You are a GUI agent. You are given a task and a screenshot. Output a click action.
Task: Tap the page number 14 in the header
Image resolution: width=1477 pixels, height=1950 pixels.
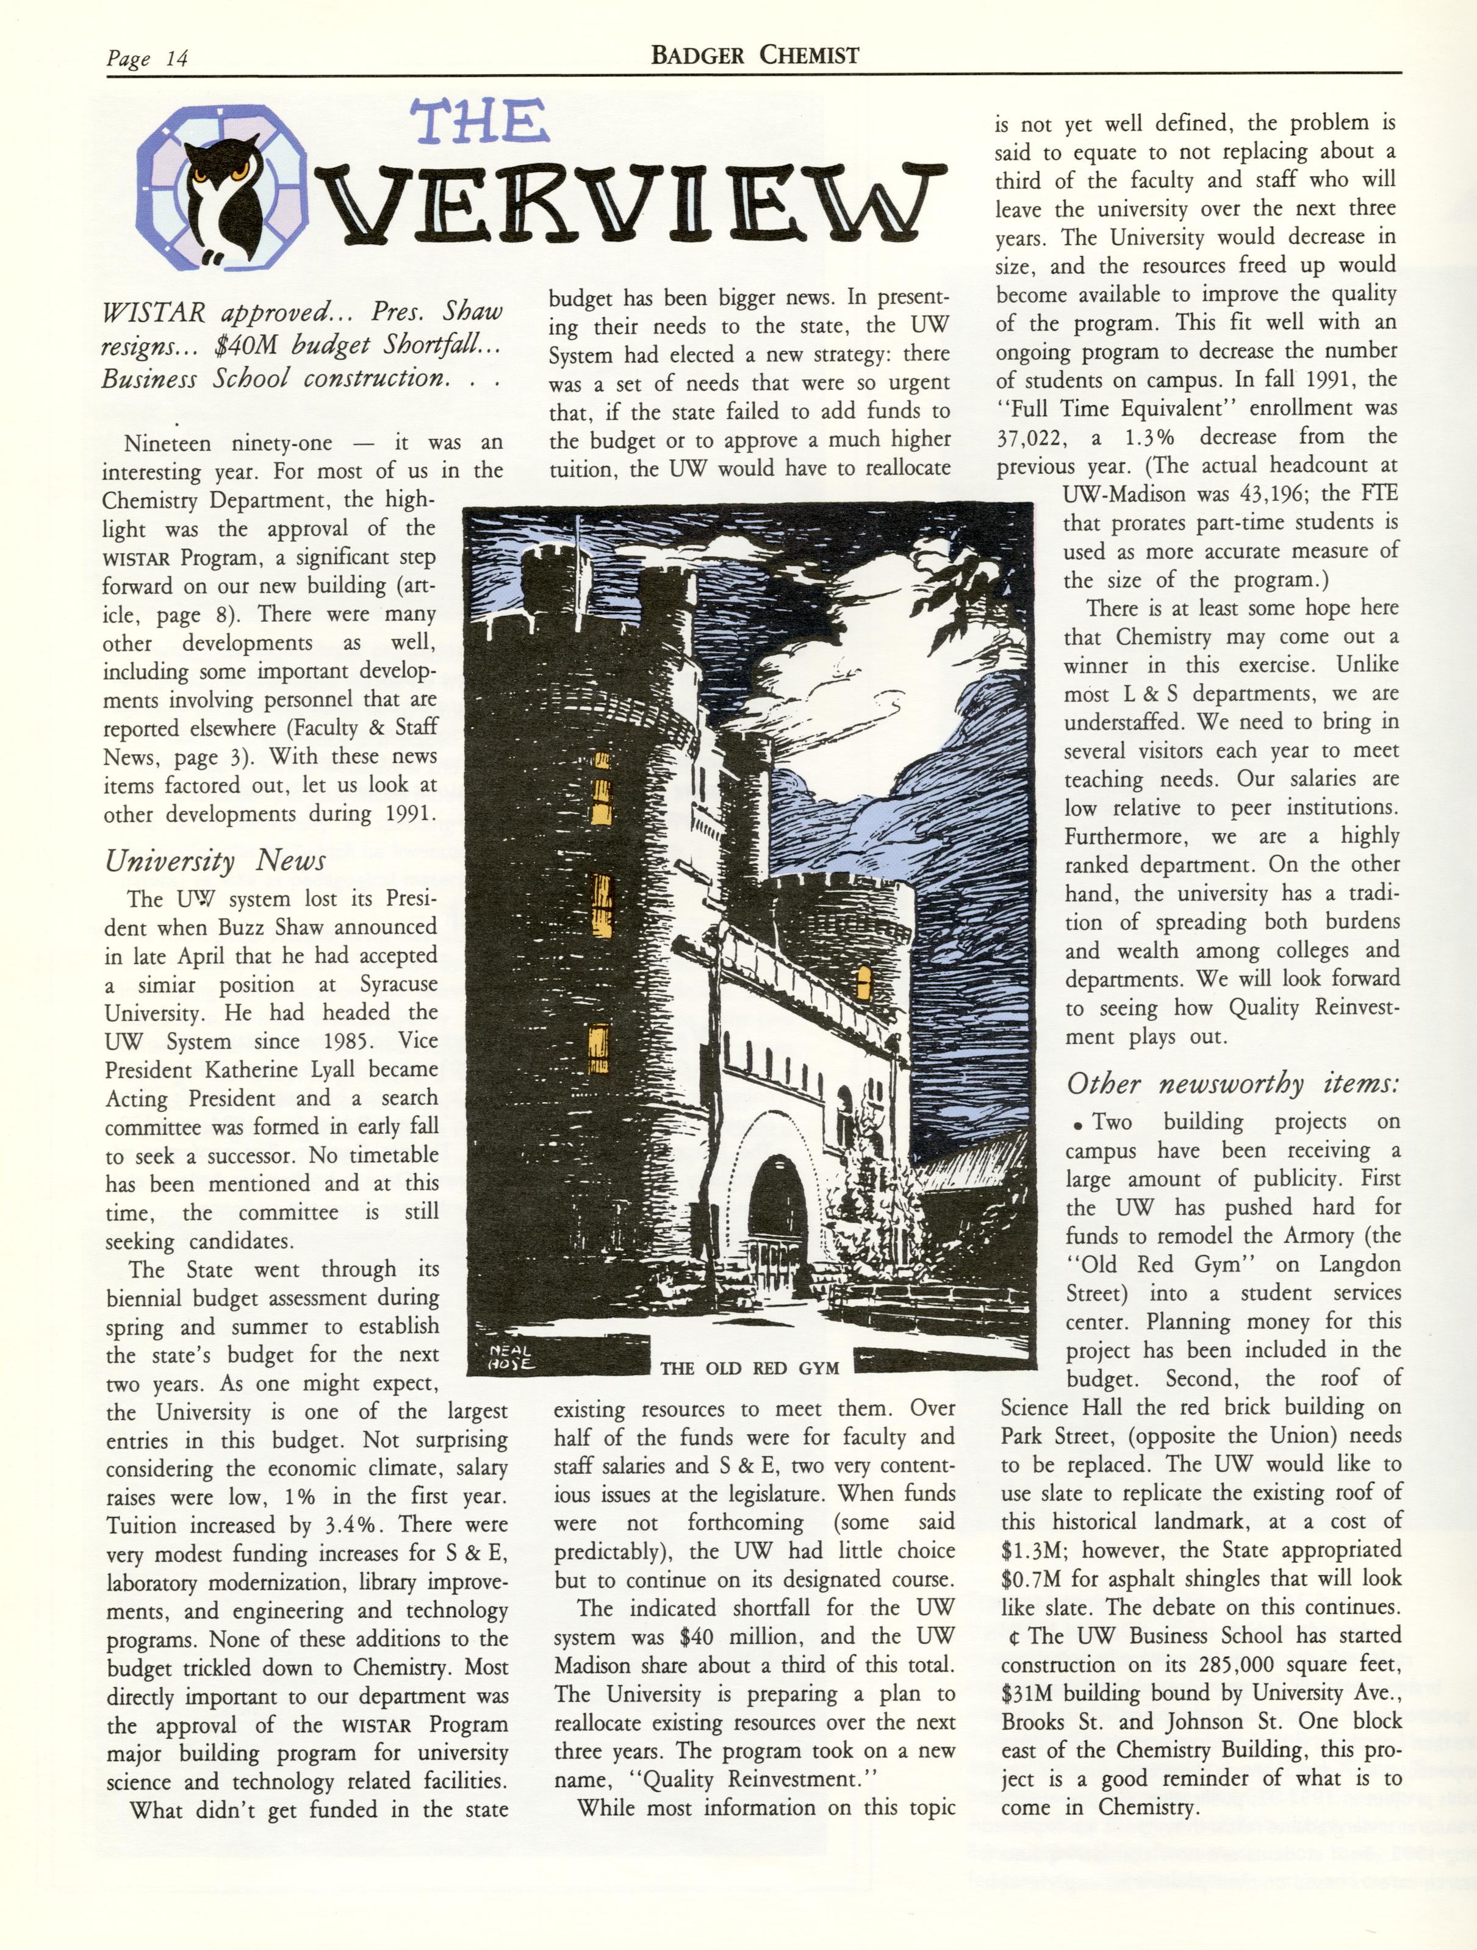click(x=176, y=60)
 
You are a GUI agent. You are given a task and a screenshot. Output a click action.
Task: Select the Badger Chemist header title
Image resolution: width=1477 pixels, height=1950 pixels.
click(x=755, y=55)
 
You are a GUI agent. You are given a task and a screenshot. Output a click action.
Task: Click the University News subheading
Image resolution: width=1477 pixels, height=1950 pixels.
click(x=215, y=860)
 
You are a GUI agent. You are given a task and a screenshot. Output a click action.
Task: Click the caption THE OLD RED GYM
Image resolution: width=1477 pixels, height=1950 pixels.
click(x=750, y=1368)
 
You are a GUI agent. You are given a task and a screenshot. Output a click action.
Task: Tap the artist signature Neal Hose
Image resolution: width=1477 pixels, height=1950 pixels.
click(x=511, y=1357)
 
